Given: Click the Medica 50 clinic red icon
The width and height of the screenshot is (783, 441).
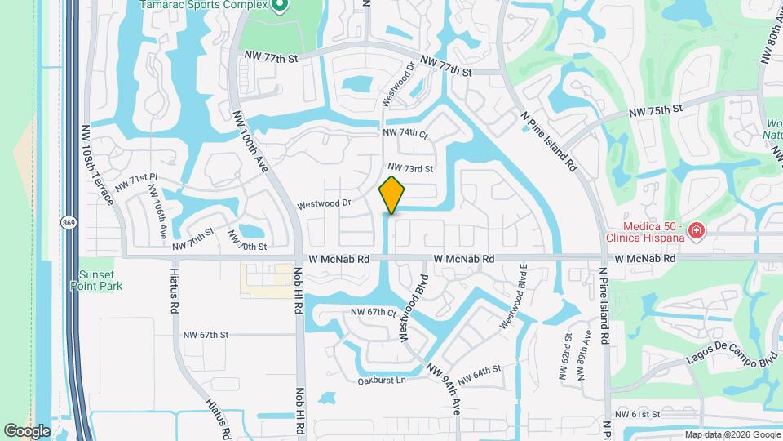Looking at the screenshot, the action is [697, 231].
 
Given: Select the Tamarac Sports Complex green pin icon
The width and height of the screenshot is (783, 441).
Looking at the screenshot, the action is [280, 6].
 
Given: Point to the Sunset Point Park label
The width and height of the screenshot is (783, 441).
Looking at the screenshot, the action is [101, 280].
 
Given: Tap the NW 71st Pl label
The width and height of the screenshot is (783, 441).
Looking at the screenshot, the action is [136, 182].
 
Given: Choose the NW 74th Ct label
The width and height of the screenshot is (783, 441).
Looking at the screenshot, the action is [405, 132].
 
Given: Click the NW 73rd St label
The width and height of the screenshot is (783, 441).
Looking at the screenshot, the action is [409, 169].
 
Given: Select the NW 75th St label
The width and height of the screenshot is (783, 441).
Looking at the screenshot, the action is [654, 110].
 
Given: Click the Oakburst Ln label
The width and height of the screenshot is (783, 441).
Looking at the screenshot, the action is [382, 381].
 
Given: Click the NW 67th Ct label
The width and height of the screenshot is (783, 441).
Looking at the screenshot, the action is [373, 313].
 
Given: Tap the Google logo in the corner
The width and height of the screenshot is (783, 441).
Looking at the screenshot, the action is [27, 430].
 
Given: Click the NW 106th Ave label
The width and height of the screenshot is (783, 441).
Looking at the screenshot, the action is [160, 210].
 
